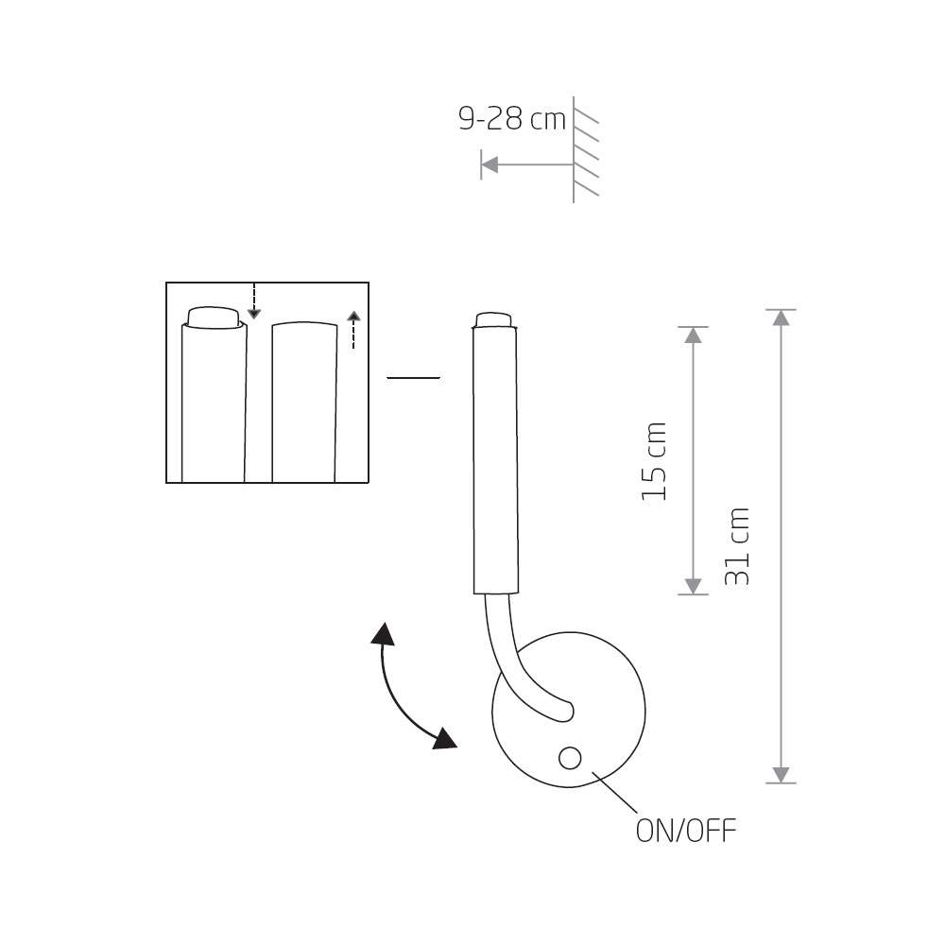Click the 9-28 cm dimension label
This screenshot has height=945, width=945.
(512, 119)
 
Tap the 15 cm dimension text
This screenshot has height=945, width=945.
(654, 462)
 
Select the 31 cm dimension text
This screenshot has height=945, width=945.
(737, 546)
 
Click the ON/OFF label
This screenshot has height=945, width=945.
(686, 831)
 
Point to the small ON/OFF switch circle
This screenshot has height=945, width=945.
(570, 758)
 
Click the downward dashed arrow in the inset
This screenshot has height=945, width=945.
(254, 301)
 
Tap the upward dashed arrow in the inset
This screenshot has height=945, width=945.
(353, 330)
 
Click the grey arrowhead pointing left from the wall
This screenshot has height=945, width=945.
(490, 163)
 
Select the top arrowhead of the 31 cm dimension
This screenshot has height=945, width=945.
(782, 318)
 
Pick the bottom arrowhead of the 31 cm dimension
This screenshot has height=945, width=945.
(782, 775)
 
